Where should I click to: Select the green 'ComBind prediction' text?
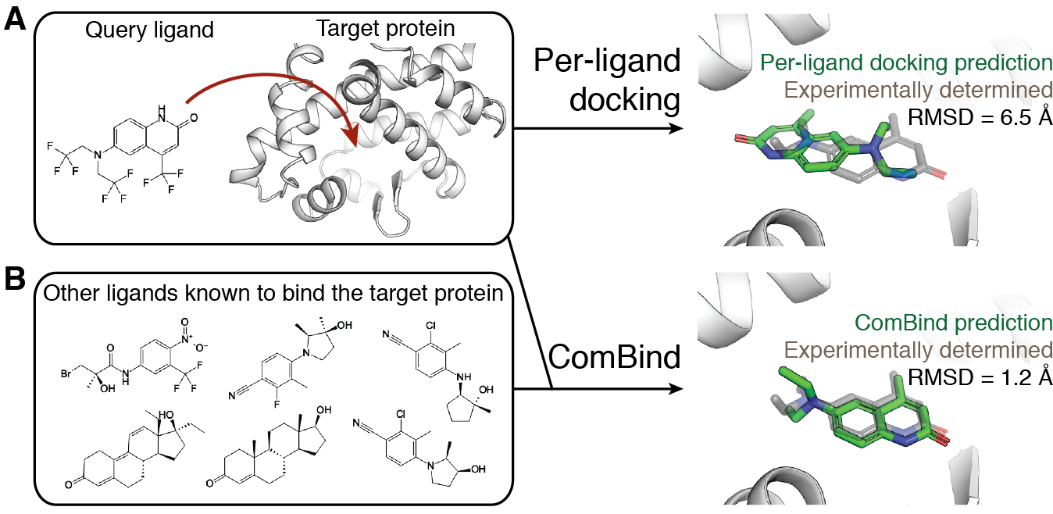pos(953,322)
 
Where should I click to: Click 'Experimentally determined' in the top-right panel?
pos(917,90)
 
